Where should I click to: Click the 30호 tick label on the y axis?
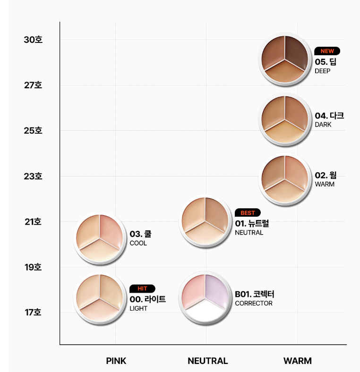point(33,40)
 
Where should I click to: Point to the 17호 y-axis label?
point(33,312)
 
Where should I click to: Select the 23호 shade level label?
point(33,176)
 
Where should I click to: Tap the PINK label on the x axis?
point(116,361)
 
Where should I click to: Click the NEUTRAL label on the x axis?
point(207,361)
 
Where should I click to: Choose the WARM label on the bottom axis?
point(297,361)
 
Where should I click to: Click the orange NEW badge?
point(327,51)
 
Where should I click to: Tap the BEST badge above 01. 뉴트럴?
point(248,213)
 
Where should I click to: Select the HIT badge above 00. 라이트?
point(142,288)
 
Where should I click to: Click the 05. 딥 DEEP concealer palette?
point(285,60)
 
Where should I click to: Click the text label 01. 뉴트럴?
point(252,224)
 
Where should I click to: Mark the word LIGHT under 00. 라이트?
point(138,308)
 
